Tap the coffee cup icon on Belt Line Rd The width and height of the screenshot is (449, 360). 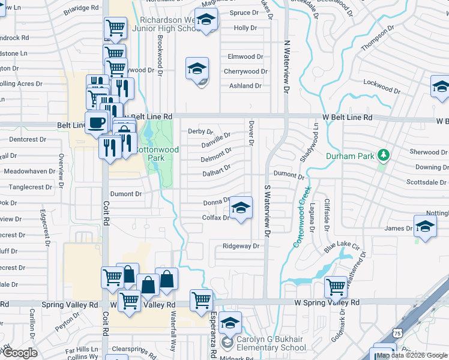click(96, 124)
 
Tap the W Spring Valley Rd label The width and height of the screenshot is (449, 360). click(327, 303)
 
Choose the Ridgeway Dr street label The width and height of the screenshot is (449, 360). click(240, 246)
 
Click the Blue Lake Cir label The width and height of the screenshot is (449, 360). click(342, 247)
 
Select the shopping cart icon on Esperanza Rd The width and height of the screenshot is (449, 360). click(201, 299)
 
